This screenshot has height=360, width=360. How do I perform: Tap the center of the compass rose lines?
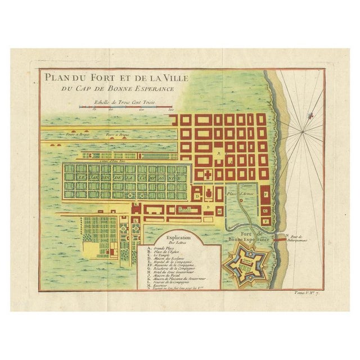[305, 133]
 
